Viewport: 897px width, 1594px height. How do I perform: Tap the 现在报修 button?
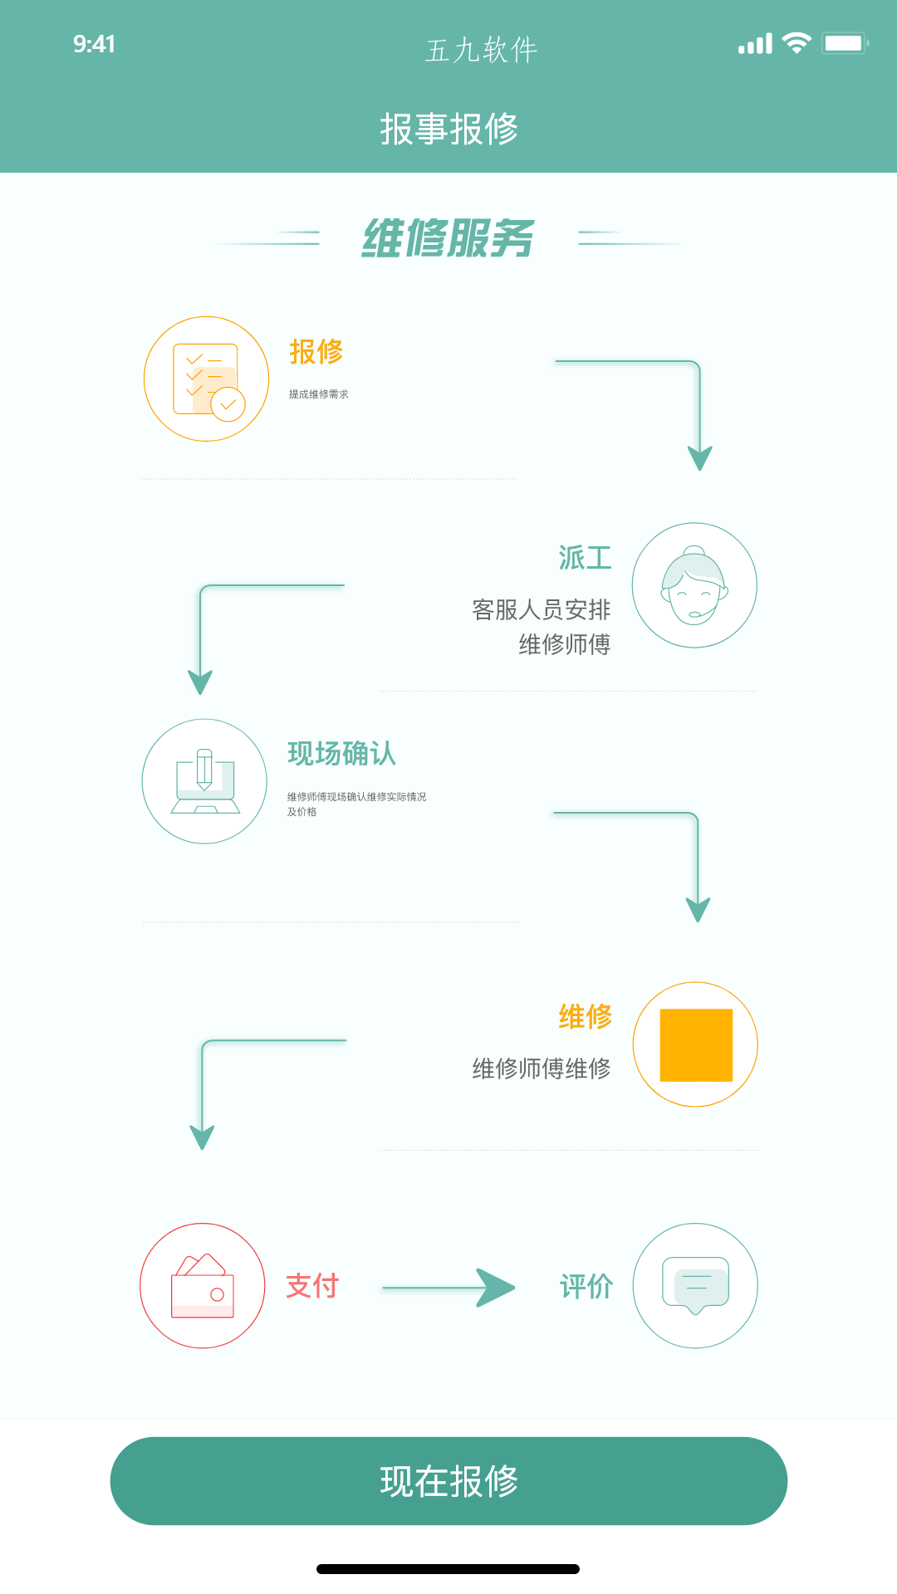[448, 1481]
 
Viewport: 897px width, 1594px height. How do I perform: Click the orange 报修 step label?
[316, 352]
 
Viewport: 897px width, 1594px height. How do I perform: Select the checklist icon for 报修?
[207, 379]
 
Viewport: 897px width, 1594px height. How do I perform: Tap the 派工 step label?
[585, 558]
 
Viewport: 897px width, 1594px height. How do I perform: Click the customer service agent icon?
[694, 585]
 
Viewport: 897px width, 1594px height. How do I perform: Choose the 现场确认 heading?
[342, 754]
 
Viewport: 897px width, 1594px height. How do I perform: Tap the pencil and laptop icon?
[204, 781]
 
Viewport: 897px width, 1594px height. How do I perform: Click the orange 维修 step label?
[586, 1016]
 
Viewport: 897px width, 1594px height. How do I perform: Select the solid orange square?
[696, 1045]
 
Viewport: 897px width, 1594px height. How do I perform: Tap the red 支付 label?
[312, 1286]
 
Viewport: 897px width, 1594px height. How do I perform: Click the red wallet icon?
[203, 1285]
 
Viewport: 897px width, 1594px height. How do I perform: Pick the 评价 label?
[586, 1287]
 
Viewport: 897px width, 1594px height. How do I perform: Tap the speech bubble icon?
[695, 1285]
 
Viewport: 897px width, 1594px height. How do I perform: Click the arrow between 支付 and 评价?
[448, 1288]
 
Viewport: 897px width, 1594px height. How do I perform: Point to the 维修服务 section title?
[448, 239]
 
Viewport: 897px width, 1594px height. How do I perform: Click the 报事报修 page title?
[449, 130]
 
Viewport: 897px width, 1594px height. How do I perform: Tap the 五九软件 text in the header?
[482, 50]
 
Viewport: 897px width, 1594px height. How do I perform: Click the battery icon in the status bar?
[846, 43]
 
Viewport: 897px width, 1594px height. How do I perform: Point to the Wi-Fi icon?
[797, 43]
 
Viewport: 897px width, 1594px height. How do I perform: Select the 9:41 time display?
[94, 44]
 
